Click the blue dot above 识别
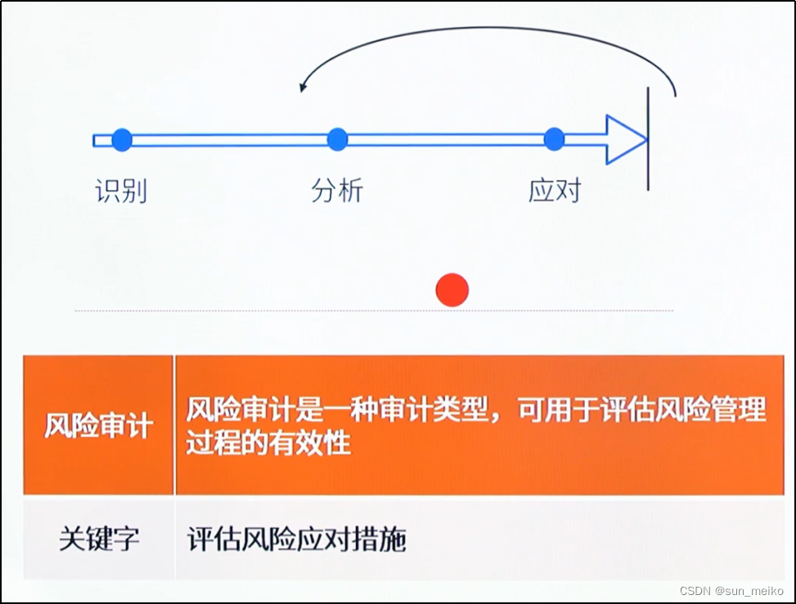tap(122, 140)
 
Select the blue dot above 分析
tap(337, 140)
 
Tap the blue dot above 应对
tap(554, 139)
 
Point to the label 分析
tap(337, 191)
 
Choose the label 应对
tap(555, 191)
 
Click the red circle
tap(452, 290)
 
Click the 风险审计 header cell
tap(98, 426)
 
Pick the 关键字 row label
tap(99, 539)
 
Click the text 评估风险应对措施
tap(296, 540)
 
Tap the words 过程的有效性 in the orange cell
tap(268, 443)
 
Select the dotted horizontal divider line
tap(374, 311)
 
